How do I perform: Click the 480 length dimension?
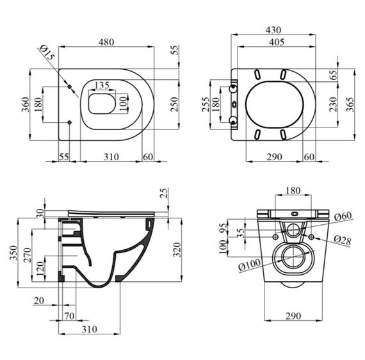(106, 42)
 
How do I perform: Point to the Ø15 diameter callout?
(47, 53)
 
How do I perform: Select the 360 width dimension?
(26, 104)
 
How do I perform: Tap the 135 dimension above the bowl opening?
(102, 85)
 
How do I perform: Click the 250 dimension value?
(174, 104)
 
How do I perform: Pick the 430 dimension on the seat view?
(273, 30)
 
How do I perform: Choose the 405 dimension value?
(277, 42)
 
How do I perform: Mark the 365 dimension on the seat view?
(350, 104)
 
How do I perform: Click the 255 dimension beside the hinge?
(206, 104)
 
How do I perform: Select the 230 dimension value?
(334, 104)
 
